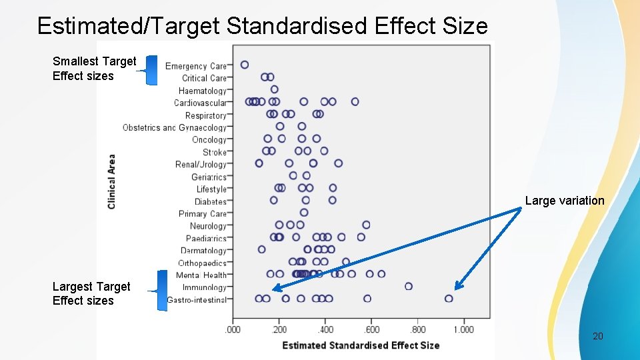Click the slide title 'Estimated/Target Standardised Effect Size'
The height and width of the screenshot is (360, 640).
click(262, 26)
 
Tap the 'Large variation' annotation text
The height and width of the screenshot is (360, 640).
click(564, 201)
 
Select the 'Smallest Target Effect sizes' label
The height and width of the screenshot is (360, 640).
click(94, 69)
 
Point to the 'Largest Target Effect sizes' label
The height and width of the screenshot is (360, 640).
click(91, 293)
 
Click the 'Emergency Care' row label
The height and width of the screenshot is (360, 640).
click(196, 66)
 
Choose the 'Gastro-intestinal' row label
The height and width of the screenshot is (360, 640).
click(197, 300)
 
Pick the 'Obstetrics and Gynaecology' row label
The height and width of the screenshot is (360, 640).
click(175, 127)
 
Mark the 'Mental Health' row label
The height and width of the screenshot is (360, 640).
click(201, 275)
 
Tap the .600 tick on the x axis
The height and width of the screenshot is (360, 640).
click(371, 329)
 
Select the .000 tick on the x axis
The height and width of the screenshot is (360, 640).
click(233, 329)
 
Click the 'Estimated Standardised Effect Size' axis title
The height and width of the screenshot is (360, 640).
click(361, 345)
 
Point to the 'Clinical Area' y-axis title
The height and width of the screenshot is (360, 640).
click(111, 181)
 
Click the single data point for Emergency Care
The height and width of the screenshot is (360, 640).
click(245, 65)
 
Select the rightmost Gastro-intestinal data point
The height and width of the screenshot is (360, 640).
click(449, 299)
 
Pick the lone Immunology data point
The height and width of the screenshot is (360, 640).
click(409, 286)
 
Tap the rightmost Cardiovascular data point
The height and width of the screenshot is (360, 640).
click(355, 102)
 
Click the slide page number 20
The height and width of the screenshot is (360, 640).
click(598, 336)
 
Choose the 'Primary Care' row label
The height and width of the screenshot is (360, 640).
click(203, 214)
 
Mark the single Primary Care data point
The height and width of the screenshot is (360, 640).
click(304, 213)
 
